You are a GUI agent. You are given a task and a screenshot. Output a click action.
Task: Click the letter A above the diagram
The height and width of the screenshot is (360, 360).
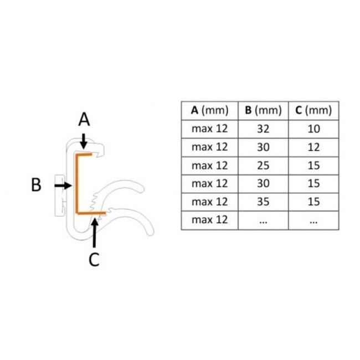point(84,120)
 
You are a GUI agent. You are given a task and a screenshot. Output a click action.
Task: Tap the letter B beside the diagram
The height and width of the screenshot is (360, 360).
point(36,184)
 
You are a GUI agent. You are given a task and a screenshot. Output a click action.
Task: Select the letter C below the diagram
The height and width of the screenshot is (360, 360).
point(94,259)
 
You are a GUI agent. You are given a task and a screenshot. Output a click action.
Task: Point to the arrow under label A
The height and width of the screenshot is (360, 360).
point(84,141)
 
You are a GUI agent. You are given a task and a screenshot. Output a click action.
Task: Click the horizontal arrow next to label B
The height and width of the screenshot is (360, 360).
point(63,186)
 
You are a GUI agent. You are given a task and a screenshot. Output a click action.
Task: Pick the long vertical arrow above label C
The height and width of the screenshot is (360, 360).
point(94,233)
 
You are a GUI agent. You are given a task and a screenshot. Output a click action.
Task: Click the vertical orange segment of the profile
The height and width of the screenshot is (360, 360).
point(77,184)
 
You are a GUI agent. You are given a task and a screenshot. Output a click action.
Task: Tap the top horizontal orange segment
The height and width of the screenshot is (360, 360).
point(84,155)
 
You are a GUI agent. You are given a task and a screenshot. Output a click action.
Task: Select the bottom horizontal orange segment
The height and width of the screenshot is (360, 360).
point(91,213)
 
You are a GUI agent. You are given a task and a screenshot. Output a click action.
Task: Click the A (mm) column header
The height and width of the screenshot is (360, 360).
point(209,110)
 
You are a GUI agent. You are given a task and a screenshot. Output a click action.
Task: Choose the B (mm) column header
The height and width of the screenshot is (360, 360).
point(263,110)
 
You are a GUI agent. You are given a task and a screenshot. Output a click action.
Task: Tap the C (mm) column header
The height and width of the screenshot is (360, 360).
point(313,110)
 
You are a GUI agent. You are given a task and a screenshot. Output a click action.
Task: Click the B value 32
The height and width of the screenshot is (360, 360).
point(263,129)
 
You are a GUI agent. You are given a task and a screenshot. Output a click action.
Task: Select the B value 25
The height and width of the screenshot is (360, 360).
point(263,166)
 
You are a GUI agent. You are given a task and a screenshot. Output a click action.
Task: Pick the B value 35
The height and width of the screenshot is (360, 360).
point(263,202)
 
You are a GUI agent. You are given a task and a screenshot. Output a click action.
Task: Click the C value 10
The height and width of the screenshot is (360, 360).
point(313,129)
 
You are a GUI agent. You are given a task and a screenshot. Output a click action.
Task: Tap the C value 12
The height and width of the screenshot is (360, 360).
point(313,147)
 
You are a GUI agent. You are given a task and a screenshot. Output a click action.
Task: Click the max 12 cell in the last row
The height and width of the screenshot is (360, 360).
point(209,220)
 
